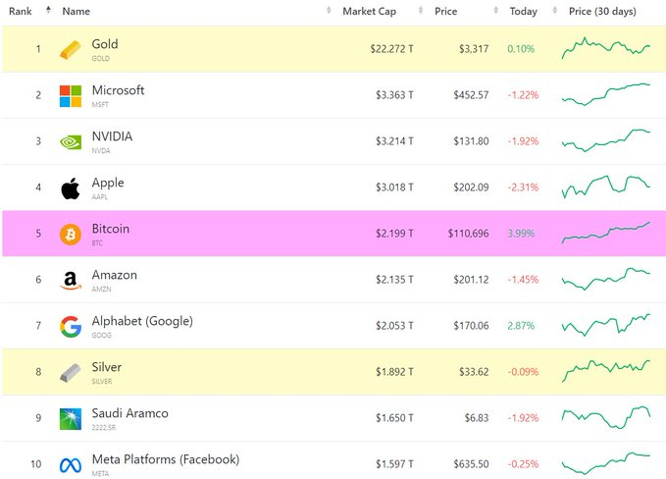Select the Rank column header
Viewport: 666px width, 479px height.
[x=21, y=11]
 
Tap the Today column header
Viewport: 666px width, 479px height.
[x=523, y=11]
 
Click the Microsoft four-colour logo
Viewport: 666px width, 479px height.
[x=71, y=95]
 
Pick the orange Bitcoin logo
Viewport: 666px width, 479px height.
[x=71, y=234]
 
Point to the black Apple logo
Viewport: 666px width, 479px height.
[x=71, y=187]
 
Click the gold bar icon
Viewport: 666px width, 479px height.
[x=71, y=49]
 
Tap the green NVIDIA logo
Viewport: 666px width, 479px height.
[x=71, y=141]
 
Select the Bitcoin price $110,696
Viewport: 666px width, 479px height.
[x=461, y=234]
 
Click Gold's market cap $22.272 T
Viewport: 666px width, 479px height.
[x=391, y=49]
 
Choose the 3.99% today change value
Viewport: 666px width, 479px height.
[x=521, y=234]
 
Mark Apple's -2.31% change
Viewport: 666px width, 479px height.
[x=521, y=187]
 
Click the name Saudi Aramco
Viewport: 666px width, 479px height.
[x=129, y=413]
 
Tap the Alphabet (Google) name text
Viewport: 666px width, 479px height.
[x=142, y=321]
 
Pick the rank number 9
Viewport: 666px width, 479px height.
[x=38, y=418]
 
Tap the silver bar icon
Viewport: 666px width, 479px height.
[x=71, y=372]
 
